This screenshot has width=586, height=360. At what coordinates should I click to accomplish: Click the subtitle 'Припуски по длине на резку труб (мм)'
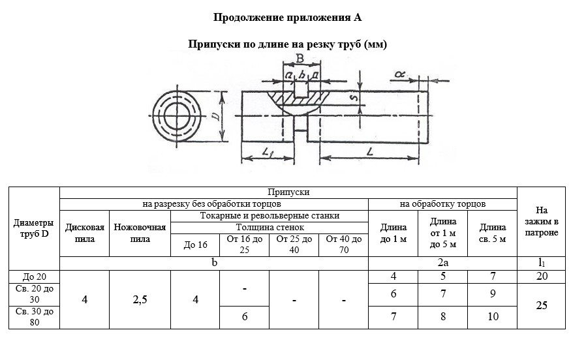pyautogui.click(x=288, y=44)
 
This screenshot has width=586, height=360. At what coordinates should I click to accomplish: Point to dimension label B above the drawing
pyautogui.click(x=299, y=59)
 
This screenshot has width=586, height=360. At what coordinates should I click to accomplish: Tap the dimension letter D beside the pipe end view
pyautogui.click(x=215, y=117)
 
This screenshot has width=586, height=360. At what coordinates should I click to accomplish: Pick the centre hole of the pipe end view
pyautogui.click(x=177, y=117)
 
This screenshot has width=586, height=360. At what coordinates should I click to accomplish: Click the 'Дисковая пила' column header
pyautogui.click(x=85, y=233)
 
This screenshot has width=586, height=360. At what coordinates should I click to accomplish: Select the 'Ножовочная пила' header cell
pyautogui.click(x=140, y=233)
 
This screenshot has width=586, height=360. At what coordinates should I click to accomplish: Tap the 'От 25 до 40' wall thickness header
pyautogui.click(x=294, y=245)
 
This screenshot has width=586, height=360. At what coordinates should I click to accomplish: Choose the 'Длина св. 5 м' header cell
pyautogui.click(x=493, y=233)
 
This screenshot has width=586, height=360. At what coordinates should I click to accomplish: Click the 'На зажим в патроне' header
pyautogui.click(x=541, y=222)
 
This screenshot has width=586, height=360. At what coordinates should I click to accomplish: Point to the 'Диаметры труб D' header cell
pyautogui.click(x=34, y=228)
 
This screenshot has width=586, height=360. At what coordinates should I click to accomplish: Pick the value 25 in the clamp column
pyautogui.click(x=541, y=305)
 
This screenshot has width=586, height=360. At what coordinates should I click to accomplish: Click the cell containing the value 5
pyautogui.click(x=443, y=277)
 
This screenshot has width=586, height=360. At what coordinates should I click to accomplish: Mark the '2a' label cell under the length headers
pyautogui.click(x=443, y=263)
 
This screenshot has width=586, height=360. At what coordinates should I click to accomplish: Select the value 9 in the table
pyautogui.click(x=493, y=294)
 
